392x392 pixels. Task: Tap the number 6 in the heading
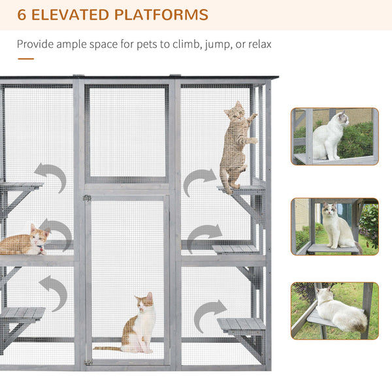22,14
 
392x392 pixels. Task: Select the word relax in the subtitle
257,44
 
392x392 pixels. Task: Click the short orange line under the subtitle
25,59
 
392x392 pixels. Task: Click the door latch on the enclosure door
87,198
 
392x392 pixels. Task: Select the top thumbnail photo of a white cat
335,137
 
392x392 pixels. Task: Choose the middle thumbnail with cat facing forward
335,226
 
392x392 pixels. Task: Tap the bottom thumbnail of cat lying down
335,311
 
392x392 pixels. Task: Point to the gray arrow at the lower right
209,314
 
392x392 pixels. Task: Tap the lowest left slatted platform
22,314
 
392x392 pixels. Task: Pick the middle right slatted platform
236,248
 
